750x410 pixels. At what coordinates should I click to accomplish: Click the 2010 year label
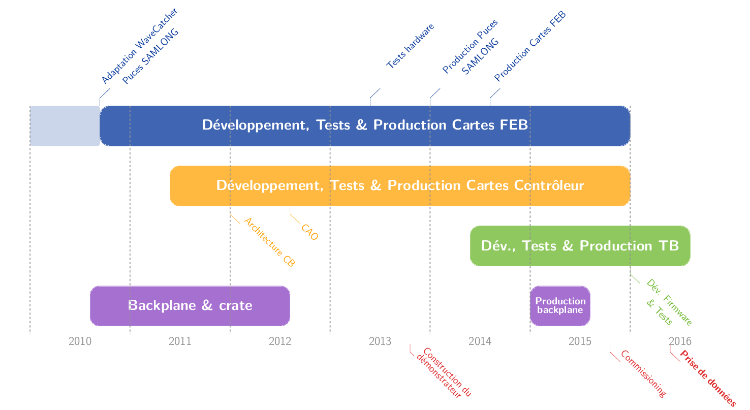[80, 341]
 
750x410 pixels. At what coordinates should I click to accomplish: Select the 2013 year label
[380, 341]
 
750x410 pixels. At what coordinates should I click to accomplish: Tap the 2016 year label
[680, 341]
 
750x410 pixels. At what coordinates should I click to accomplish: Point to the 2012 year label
[280, 341]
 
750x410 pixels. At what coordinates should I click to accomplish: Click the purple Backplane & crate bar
[190, 305]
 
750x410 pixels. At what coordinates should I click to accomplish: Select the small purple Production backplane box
[560, 305]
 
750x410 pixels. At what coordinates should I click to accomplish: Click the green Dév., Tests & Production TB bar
[580, 246]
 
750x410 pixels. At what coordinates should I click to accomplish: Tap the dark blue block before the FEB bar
[65, 125]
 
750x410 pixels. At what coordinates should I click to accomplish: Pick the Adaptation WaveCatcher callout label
[140, 46]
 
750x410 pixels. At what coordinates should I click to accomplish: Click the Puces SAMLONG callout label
[151, 56]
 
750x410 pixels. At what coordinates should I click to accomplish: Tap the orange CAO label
[310, 232]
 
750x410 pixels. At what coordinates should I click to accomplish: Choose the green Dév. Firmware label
[669, 302]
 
